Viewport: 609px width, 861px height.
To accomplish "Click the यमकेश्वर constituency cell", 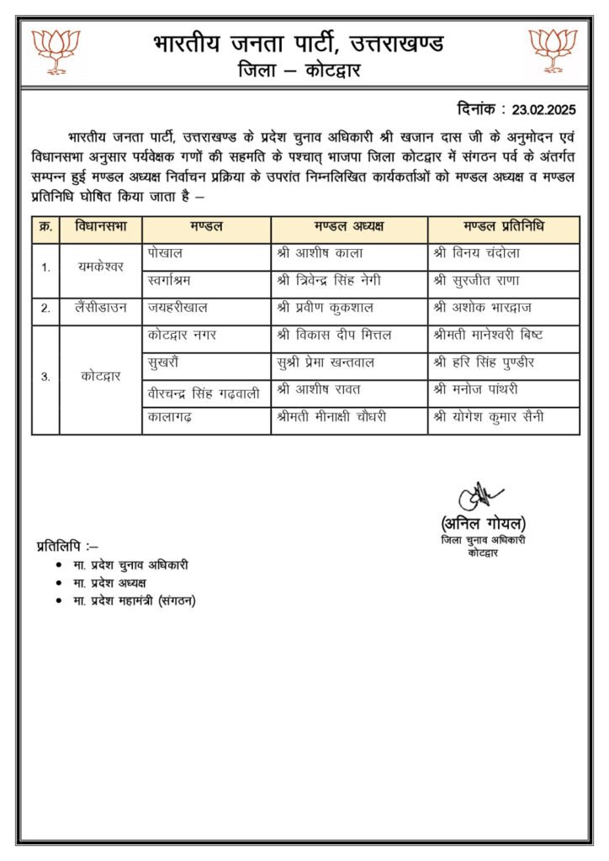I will click(100, 267).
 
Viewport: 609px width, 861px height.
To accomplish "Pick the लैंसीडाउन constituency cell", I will click(100, 309).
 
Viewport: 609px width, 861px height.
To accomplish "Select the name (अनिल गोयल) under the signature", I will click(483, 523).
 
